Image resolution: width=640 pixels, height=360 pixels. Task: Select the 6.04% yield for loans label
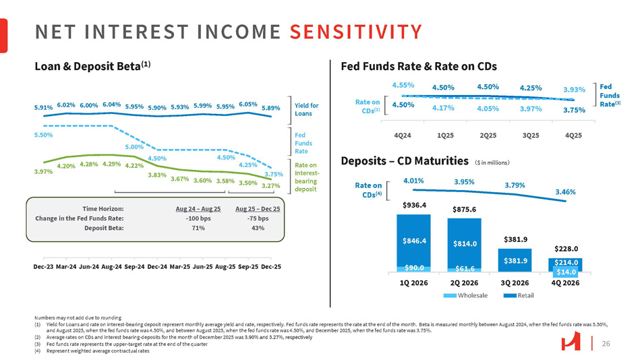111,104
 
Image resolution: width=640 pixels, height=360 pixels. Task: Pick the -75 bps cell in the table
258,218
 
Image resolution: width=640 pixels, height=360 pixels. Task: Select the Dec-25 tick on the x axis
271,266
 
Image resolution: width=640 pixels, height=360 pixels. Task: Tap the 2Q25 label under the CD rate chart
488,135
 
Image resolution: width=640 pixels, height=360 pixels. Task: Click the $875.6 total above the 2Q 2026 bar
465,209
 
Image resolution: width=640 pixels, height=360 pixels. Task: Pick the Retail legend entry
526,296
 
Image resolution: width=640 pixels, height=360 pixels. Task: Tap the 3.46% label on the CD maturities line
565,192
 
